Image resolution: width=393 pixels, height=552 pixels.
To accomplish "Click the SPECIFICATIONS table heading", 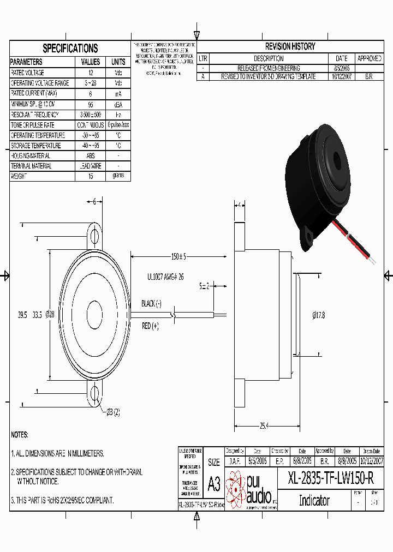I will (70, 48).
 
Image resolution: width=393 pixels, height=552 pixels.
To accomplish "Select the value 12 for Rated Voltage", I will (91, 73).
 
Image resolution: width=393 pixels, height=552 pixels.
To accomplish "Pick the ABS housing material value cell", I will (91, 155).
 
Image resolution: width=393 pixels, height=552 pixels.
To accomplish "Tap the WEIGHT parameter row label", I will (19, 177).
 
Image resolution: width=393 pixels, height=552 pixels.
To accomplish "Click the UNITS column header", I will (118, 62).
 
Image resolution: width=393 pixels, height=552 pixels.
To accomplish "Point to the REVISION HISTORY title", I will (290, 47).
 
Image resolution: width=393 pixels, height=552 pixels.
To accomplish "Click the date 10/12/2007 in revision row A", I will (342, 77).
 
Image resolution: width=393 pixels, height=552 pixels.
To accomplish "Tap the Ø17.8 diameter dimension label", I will (319, 315).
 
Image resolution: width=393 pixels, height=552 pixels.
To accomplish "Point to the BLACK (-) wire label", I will (151, 303).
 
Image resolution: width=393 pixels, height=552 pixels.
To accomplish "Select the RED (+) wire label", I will (150, 326).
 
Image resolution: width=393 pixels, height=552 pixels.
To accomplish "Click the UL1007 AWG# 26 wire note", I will (165, 277).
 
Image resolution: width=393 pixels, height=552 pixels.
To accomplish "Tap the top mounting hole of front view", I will (95, 236).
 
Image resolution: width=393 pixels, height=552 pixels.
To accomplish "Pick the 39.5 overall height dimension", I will (22, 315).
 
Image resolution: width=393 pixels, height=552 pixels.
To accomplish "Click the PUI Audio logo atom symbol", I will (235, 488).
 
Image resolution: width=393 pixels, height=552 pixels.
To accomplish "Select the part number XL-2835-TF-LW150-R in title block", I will (331, 479).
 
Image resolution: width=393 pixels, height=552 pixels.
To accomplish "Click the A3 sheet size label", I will (214, 483).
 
